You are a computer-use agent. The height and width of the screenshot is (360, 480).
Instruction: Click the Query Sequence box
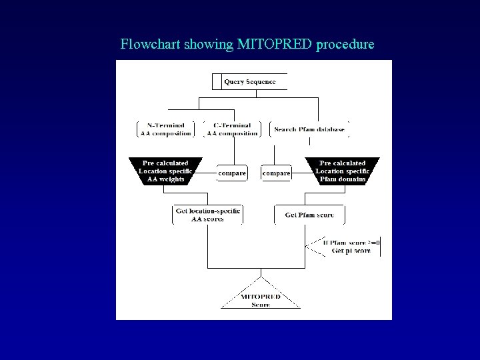pyautogui.click(x=249, y=82)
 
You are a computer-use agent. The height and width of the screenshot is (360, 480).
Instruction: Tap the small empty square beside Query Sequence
pyautogui.click(x=216, y=82)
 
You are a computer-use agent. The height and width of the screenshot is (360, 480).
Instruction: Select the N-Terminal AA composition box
pyautogui.click(x=165, y=129)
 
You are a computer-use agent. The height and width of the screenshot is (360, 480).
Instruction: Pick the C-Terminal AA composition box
pyautogui.click(x=232, y=129)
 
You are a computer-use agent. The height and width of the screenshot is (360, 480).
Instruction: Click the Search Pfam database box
pyautogui.click(x=309, y=129)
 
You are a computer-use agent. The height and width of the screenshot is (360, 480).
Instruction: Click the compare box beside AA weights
pyautogui.click(x=232, y=173)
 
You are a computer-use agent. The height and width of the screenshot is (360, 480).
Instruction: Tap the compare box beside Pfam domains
pyautogui.click(x=276, y=173)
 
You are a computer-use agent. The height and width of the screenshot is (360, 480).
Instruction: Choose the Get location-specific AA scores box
pyautogui.click(x=207, y=215)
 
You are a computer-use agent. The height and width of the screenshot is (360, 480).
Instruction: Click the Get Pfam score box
pyautogui.click(x=309, y=215)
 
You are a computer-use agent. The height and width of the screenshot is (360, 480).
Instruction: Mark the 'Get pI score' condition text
pyautogui.click(x=351, y=251)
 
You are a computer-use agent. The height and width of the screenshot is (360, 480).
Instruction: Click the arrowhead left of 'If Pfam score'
pyautogui.click(x=308, y=247)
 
